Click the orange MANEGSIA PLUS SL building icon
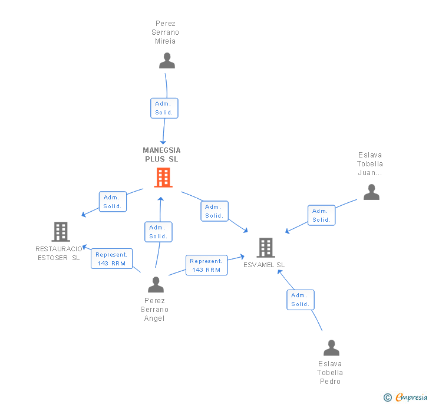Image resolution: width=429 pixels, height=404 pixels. click(163, 178)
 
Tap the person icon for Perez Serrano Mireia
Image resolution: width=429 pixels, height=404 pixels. click(167, 61)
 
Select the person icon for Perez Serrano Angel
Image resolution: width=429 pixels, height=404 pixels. click(156, 285)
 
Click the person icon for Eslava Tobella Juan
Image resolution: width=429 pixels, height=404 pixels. click(371, 192)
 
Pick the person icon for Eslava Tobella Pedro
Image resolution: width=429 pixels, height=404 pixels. click(331, 348)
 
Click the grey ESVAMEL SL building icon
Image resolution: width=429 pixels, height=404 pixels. click(266, 248)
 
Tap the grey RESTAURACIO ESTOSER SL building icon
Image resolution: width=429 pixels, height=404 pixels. click(61, 232)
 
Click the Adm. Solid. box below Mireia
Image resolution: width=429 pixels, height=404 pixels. click(164, 108)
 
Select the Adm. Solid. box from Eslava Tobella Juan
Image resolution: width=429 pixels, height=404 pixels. click(321, 215)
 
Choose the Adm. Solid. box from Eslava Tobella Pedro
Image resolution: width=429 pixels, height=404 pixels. click(301, 300)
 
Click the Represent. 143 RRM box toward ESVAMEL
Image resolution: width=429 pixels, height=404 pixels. click(206, 265)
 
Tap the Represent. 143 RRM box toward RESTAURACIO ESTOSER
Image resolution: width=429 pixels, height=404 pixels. click(111, 259)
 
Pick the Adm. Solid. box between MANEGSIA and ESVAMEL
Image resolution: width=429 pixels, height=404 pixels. click(214, 211)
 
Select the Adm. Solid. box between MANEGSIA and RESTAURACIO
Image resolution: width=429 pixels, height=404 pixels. click(113, 202)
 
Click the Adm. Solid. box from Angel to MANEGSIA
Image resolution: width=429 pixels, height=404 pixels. click(158, 232)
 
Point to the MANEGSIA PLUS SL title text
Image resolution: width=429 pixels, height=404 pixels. click(161, 155)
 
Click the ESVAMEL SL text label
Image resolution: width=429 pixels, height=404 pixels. click(264, 265)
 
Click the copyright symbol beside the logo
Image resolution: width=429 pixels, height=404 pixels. click(388, 398)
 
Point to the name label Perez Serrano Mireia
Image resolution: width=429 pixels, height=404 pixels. click(166, 32)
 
